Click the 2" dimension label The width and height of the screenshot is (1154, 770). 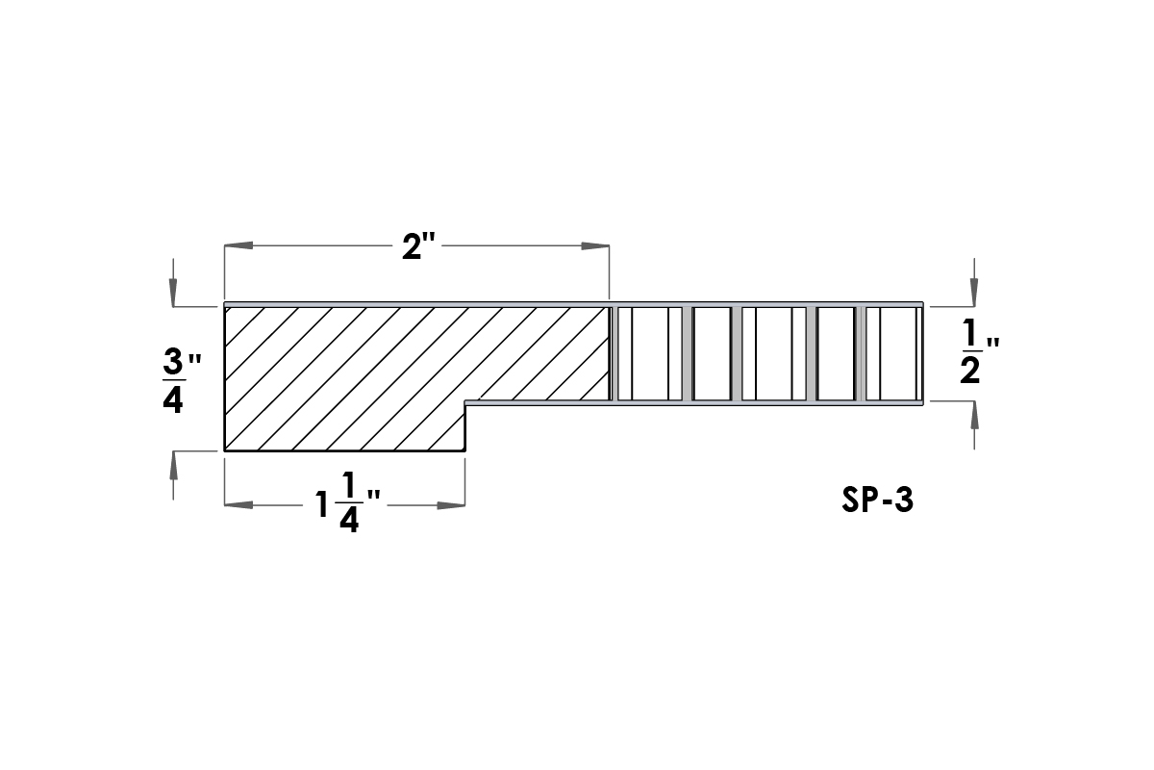418,246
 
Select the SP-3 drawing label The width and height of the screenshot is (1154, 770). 877,500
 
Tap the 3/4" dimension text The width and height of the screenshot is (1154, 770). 182,383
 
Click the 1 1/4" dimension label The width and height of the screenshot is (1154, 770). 348,501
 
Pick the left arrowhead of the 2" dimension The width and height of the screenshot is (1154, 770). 238,245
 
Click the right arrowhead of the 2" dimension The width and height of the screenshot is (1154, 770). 595,245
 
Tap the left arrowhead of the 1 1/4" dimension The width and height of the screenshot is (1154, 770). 238,505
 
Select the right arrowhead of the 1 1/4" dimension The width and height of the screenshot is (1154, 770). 451,505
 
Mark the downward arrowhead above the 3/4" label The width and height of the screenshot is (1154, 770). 173,293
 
